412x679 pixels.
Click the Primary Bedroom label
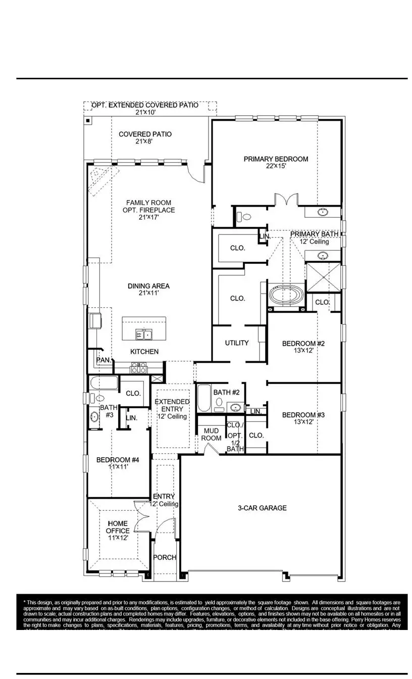point(276,159)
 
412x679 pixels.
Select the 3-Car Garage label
point(262,508)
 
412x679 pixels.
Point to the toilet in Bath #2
point(219,403)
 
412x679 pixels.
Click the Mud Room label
point(211,434)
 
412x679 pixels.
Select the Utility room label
point(237,343)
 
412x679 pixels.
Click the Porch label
point(165,557)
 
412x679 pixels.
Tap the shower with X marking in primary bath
point(324,277)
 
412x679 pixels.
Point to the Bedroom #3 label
point(303,415)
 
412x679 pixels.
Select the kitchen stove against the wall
point(139,367)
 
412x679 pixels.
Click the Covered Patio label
point(145,134)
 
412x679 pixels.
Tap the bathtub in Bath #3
point(104,382)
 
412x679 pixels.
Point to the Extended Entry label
point(172,405)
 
